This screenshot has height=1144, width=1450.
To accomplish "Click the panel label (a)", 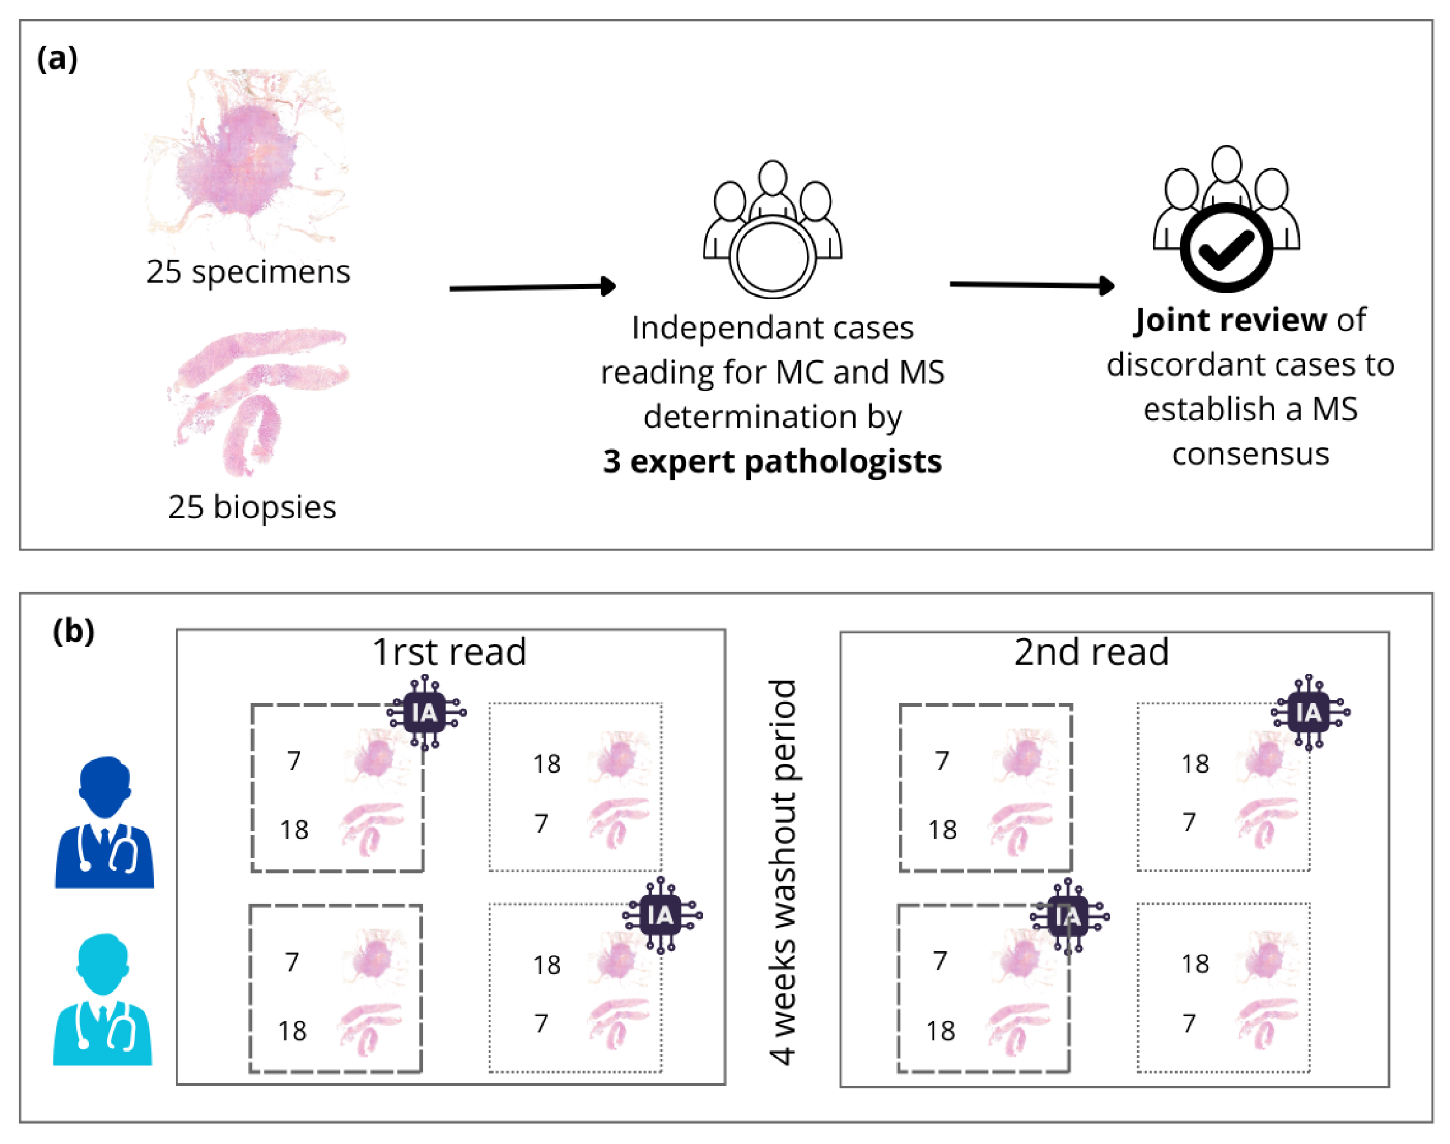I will point(57,59).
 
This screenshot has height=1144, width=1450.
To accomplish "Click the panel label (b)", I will point(74,631).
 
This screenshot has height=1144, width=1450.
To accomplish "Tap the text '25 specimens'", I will point(248,272).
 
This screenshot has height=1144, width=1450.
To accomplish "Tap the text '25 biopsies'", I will point(252,507).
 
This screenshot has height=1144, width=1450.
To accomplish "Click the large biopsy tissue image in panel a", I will point(258,398).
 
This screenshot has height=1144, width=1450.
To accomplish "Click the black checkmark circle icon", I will point(1225,248).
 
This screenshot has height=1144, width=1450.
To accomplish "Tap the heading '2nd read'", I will point(1091,652).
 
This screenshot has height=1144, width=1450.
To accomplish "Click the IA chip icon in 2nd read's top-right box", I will point(1309,712).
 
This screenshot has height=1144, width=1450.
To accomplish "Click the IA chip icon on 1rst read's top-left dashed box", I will point(426,712).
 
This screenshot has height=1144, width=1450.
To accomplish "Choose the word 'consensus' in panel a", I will point(1250,454).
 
